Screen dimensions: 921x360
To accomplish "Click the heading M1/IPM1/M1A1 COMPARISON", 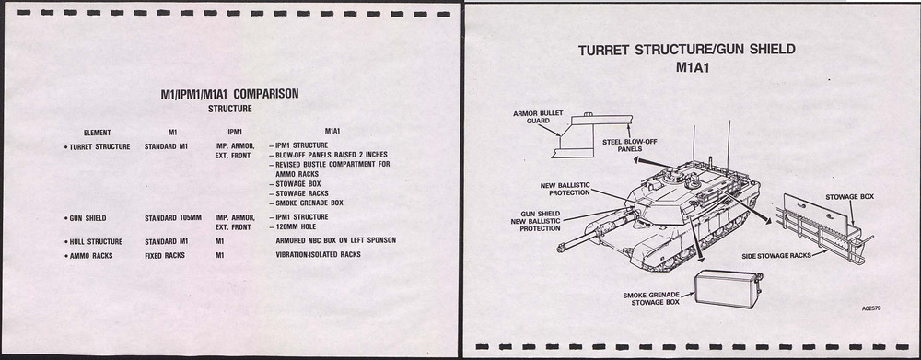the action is click(229, 93).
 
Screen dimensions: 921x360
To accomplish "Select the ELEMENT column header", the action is click(97, 133).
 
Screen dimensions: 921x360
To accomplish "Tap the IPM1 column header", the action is click(235, 133).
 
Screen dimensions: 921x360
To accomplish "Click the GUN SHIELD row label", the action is click(87, 218).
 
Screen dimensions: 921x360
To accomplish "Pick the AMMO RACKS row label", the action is click(88, 255).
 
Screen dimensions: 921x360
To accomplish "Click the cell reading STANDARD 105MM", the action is click(173, 218).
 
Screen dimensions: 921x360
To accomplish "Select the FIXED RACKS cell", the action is click(165, 255).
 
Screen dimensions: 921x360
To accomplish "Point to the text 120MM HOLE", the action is click(297, 227).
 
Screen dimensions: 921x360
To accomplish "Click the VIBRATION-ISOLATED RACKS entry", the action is click(318, 255).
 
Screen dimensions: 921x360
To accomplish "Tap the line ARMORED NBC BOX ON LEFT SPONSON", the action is click(335, 241).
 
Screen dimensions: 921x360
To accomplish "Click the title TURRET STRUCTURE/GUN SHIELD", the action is click(687, 50).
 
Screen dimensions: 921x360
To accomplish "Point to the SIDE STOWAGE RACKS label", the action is click(775, 255).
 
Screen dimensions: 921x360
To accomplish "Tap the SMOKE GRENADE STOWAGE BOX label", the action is click(651, 297).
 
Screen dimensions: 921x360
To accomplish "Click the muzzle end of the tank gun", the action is click(560, 249).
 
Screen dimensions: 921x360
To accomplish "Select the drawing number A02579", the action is click(873, 308).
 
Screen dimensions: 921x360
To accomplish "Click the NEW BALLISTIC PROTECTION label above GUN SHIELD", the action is click(565, 189).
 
